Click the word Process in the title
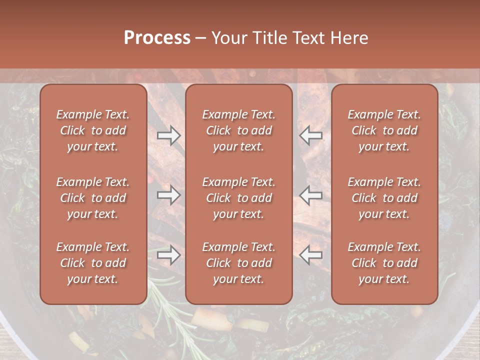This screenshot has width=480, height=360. click(157, 38)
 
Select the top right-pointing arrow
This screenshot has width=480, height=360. click(168, 135)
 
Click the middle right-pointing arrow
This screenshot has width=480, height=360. click(168, 195)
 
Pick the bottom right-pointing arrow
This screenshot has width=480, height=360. click(168, 255)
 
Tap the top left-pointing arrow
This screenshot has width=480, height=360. click(311, 135)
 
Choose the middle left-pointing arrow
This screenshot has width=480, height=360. click(311, 195)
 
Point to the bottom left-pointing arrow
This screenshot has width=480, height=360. click(311, 255)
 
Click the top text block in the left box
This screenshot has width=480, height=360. click(93, 130)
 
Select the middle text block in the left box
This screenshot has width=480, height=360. click(93, 198)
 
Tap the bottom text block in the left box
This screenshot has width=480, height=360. click(93, 263)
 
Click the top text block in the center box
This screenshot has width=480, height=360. click(238, 130)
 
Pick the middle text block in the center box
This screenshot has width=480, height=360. click(238, 198)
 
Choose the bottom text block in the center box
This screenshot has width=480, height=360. click(238, 263)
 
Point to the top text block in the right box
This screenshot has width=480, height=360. click(384, 130)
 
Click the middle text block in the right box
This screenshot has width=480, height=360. click(384, 198)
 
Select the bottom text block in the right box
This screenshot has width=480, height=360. click(384, 263)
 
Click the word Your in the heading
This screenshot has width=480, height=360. click(229, 38)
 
